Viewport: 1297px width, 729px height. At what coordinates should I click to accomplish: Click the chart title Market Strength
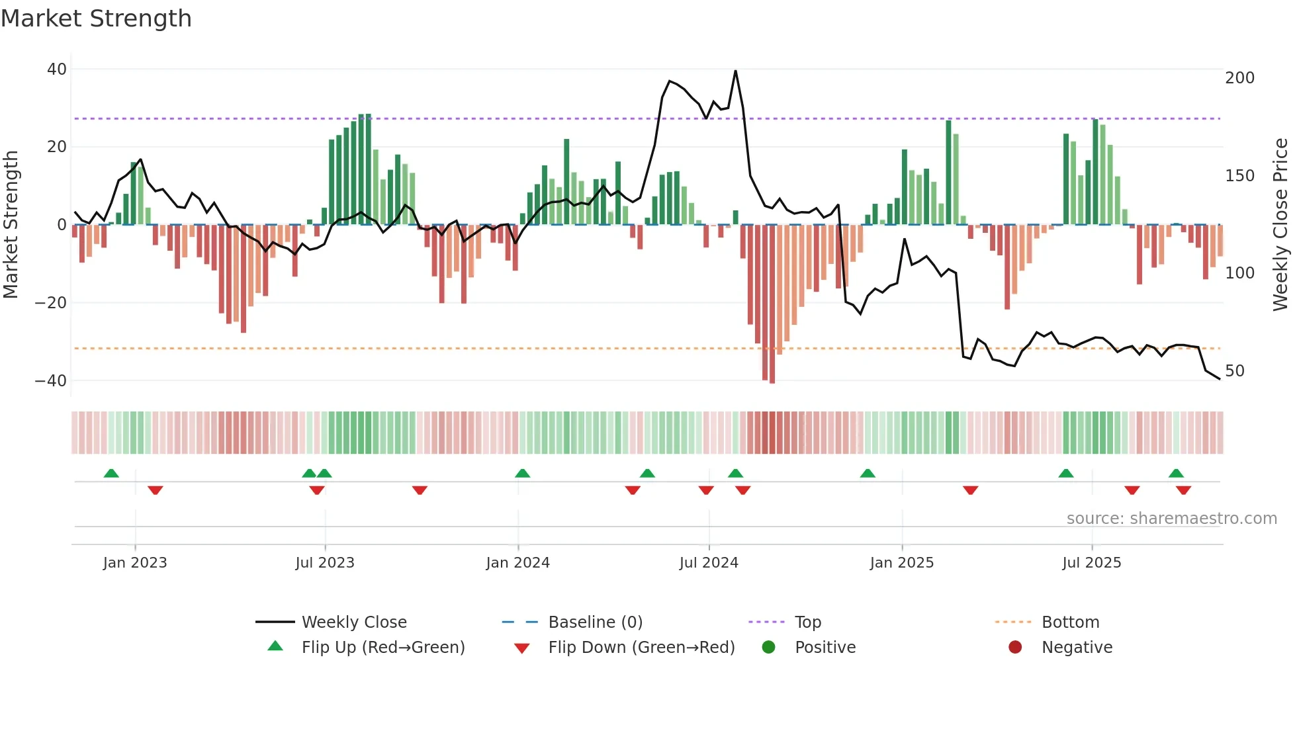tap(96, 19)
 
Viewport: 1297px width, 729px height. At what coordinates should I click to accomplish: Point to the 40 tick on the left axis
tap(57, 69)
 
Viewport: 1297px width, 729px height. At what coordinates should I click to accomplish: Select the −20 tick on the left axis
tap(51, 303)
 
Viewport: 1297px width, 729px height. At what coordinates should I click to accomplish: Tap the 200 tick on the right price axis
tap(1239, 78)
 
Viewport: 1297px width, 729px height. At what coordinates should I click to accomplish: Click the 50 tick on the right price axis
tap(1235, 371)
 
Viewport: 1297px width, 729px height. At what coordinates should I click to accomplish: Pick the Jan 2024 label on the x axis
tap(517, 563)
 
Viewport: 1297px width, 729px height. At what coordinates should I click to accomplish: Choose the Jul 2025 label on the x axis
tap(1091, 563)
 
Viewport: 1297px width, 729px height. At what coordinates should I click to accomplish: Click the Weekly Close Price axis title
tap(1280, 225)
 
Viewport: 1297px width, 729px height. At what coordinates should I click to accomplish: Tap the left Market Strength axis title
tap(11, 225)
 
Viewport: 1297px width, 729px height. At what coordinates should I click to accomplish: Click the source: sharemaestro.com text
tap(1171, 519)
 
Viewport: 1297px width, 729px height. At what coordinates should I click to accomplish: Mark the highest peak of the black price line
tap(735, 71)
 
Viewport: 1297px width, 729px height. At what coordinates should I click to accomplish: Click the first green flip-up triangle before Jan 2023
tap(111, 473)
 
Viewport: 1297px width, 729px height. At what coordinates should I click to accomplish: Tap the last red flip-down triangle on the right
tap(1183, 490)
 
